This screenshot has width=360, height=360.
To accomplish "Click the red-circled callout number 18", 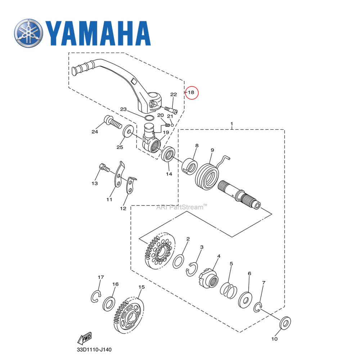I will click(192, 93).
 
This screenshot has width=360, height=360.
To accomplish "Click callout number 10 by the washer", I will click(274, 339).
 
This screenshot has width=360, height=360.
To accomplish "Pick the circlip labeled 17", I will click(95, 297).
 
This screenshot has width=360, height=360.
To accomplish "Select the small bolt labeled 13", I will click(103, 168).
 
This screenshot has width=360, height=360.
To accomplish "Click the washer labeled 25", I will click(127, 132).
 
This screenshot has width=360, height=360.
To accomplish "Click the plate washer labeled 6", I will click(246, 299).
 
